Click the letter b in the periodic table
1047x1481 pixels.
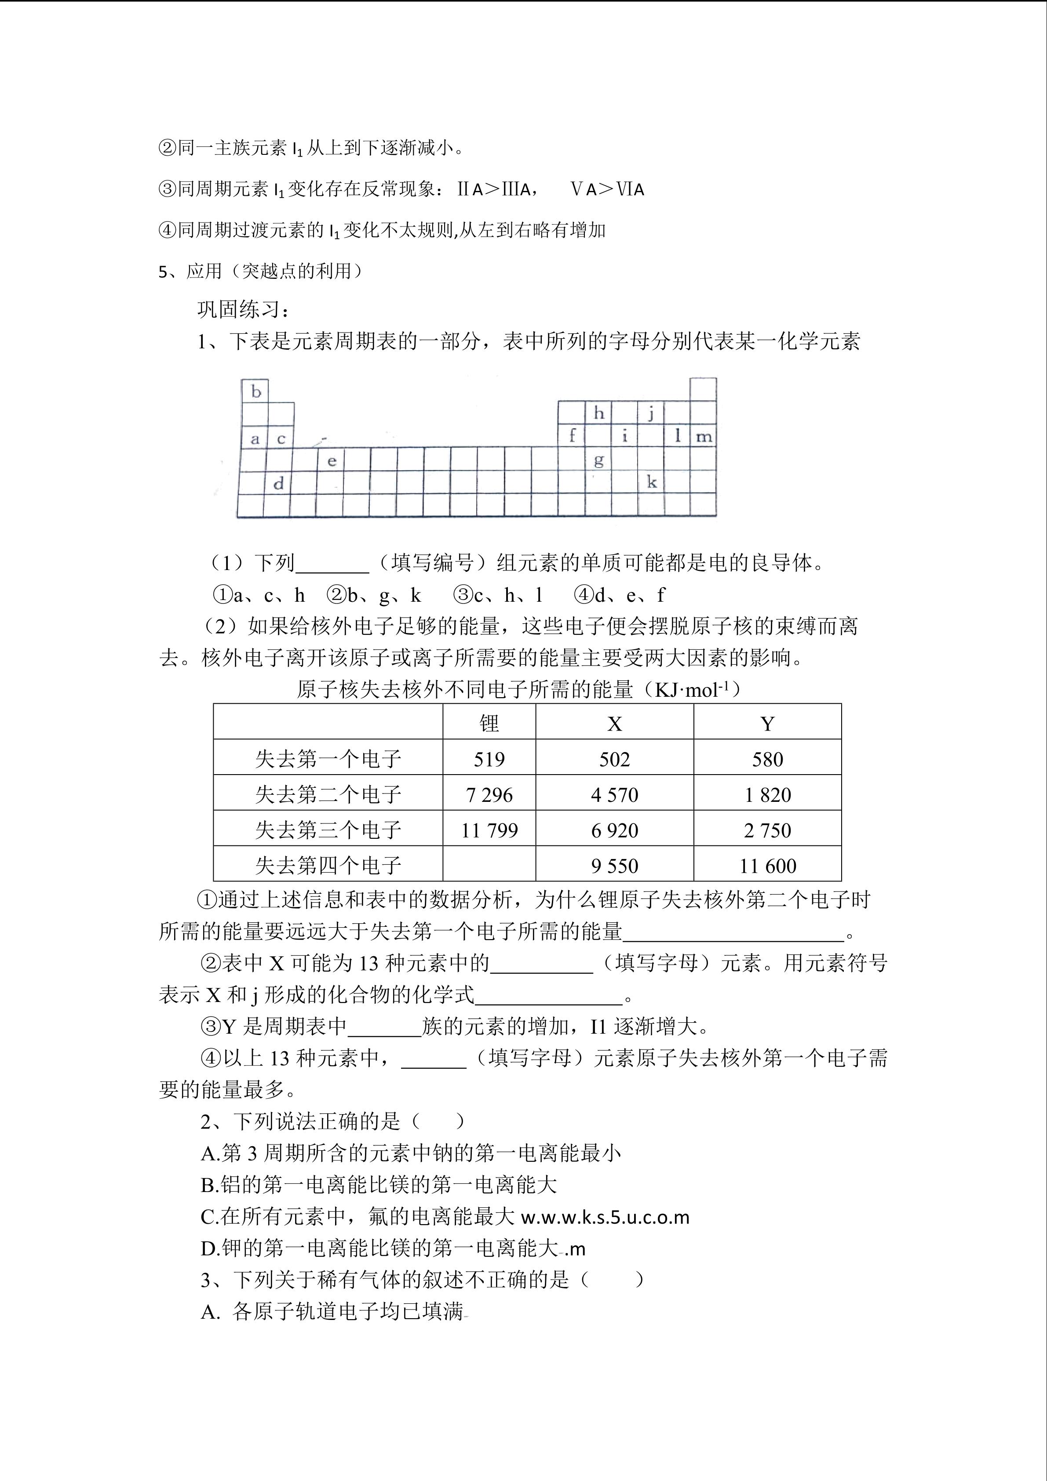(x=256, y=391)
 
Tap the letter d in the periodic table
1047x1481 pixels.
(x=278, y=483)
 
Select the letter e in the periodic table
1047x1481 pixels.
(x=332, y=461)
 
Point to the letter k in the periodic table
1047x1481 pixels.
(x=652, y=482)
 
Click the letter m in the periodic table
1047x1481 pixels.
(x=704, y=437)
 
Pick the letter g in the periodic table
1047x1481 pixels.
(x=599, y=461)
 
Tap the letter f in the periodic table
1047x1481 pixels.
(x=572, y=435)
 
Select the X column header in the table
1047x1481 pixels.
(x=614, y=724)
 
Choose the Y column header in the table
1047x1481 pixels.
(x=767, y=724)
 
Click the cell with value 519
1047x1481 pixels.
(x=489, y=759)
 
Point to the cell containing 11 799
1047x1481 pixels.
(x=489, y=830)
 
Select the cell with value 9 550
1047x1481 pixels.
(x=614, y=866)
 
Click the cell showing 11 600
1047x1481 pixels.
(x=767, y=866)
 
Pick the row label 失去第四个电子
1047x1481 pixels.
(x=328, y=866)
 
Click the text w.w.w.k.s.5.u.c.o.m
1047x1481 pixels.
(x=605, y=1217)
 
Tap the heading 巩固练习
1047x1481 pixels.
(x=244, y=310)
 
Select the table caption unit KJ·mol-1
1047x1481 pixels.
(x=695, y=690)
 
